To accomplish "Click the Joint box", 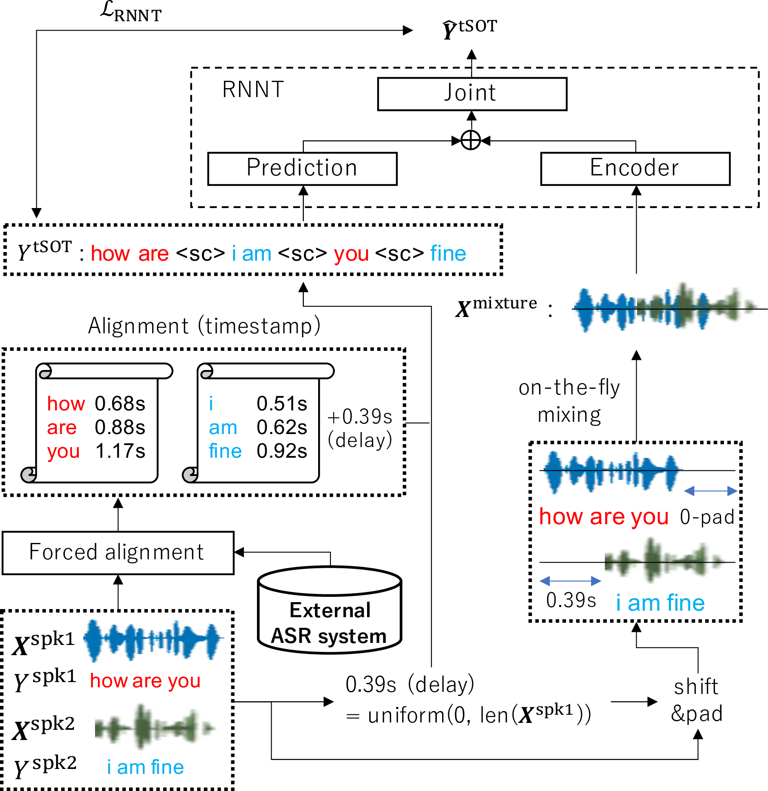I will (x=472, y=94).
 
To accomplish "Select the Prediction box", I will (x=302, y=168).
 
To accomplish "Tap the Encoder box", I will (x=635, y=168).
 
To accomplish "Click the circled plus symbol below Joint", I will (x=471, y=141).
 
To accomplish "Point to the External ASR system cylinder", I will (x=330, y=612).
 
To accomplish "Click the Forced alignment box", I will (x=117, y=553).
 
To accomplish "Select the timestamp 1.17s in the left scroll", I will (x=120, y=451).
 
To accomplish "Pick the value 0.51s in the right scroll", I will (x=282, y=404).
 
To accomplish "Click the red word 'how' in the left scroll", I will (x=66, y=404).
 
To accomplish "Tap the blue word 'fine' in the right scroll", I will (x=225, y=451).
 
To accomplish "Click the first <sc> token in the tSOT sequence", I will (x=200, y=254).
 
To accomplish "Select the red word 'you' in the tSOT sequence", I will (x=351, y=254).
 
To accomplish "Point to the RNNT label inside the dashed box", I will (x=253, y=90).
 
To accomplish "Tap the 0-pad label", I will (x=707, y=517).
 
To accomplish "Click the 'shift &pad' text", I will (x=697, y=700).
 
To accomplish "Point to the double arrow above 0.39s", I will (x=570, y=581).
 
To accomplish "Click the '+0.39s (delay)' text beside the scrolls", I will (x=360, y=428).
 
